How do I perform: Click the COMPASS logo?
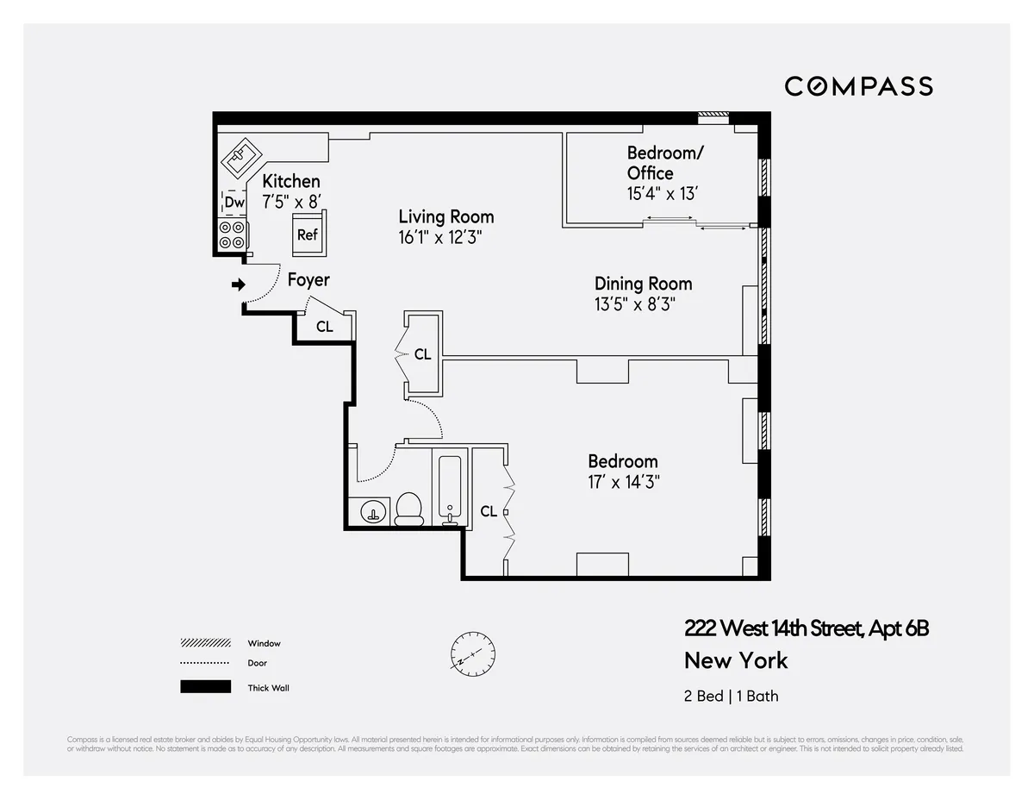click(x=858, y=86)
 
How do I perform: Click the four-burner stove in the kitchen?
click(x=232, y=235)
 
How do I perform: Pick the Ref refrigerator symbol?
click(x=308, y=234)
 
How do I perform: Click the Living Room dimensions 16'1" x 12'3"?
click(x=445, y=237)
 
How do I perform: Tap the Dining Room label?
click(x=643, y=284)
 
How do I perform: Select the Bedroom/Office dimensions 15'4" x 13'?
click(x=662, y=194)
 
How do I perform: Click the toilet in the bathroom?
click(x=408, y=509)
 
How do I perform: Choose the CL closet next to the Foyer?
click(x=325, y=327)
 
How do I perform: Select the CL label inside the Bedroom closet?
click(x=489, y=511)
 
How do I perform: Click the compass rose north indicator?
click(x=472, y=653)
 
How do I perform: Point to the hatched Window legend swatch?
click(x=206, y=643)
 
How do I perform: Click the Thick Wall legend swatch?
click(x=206, y=687)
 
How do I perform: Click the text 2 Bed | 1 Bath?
click(x=731, y=696)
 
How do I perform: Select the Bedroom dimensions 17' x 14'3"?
click(x=624, y=482)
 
